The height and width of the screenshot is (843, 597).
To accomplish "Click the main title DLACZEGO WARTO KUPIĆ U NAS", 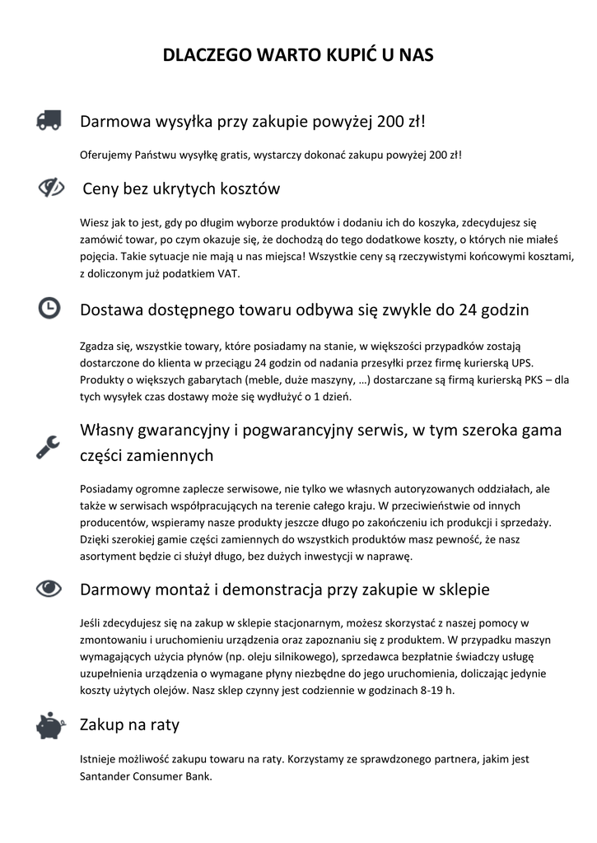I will (x=298, y=55).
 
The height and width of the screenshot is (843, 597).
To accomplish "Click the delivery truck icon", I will (x=49, y=121).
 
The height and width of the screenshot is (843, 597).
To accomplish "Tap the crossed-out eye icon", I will (x=50, y=188).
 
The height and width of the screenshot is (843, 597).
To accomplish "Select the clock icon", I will (x=49, y=308).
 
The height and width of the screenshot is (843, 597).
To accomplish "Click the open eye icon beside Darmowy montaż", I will (x=49, y=588).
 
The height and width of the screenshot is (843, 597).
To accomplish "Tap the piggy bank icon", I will (x=49, y=725).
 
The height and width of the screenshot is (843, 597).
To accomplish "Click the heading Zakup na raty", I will (x=129, y=725).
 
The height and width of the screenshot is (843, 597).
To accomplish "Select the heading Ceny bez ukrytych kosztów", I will (x=181, y=189).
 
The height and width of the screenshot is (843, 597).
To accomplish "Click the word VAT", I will (x=228, y=274).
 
